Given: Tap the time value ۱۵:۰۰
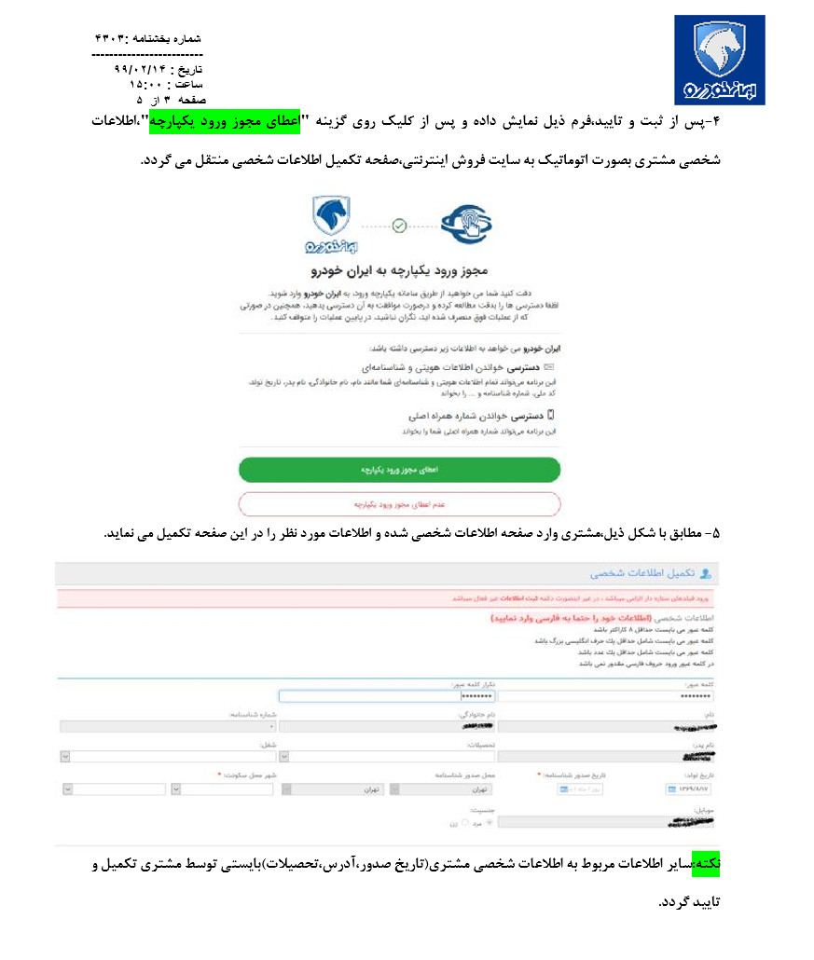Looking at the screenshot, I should [145, 84].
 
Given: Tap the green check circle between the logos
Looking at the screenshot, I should [399, 225].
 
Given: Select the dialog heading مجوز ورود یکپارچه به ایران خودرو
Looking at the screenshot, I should [398, 270].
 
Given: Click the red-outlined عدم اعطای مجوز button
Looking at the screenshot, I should [399, 503].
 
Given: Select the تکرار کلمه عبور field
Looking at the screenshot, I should [387, 696].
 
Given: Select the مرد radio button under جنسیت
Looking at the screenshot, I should [492, 823].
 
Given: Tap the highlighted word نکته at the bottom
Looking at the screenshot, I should [720, 866].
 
